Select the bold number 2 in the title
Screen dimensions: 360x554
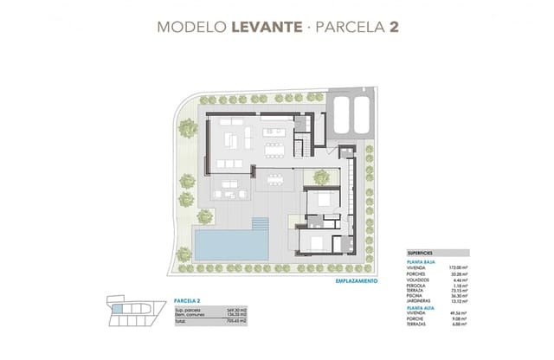coord(394,27)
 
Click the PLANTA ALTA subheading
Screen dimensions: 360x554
coord(420,308)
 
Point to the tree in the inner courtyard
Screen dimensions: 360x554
coord(321,177)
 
